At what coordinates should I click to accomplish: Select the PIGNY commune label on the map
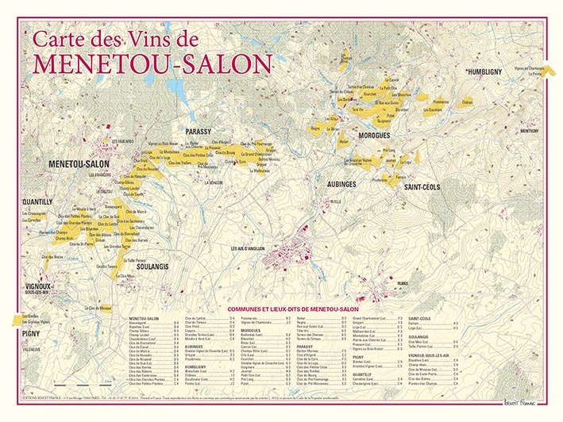pyautogui.click(x=33, y=333)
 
